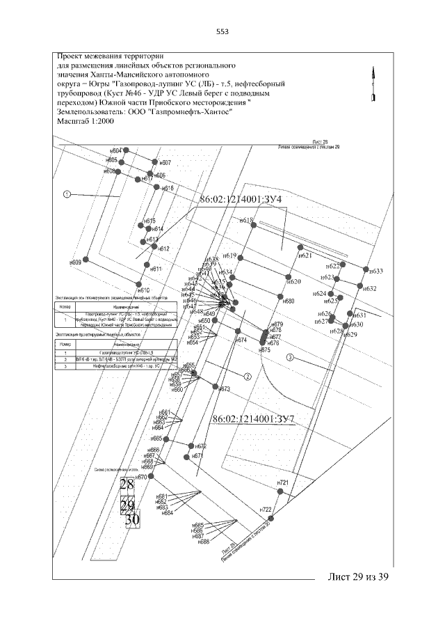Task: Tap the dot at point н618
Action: click(x=254, y=224)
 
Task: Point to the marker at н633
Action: click(x=366, y=269)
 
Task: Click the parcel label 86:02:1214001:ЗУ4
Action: click(x=241, y=200)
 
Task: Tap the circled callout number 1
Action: click(x=67, y=194)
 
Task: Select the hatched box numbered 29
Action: click(x=127, y=505)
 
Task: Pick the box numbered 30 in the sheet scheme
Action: click(x=131, y=519)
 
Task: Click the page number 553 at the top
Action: click(x=222, y=31)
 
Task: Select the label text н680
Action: click(x=289, y=301)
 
